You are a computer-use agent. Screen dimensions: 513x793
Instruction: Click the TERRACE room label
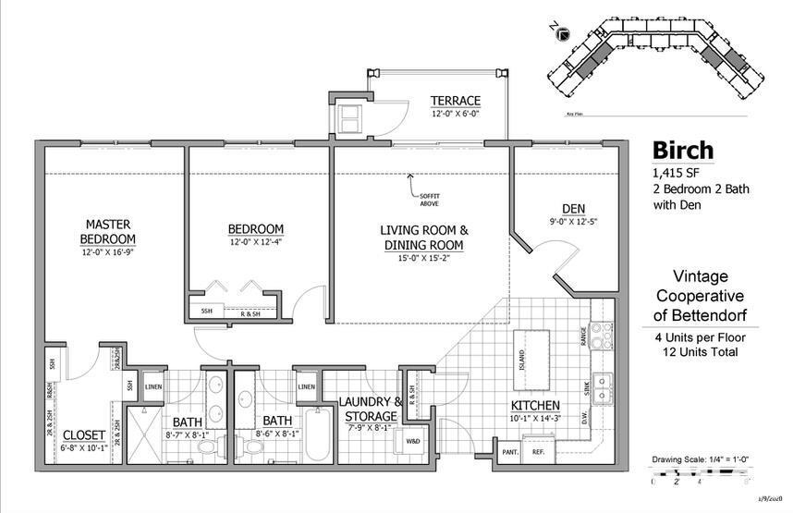point(455,101)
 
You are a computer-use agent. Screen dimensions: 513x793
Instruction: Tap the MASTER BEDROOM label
point(107,231)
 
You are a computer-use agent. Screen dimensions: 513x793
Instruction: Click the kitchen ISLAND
point(524,352)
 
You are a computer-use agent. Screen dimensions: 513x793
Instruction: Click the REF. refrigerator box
point(538,452)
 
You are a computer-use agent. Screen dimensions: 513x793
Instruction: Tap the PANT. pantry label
point(509,452)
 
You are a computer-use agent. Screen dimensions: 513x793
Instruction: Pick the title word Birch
point(684,150)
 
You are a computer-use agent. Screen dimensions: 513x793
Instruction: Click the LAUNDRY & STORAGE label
point(372,409)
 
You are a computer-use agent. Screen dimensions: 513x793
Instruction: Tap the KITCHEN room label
point(536,406)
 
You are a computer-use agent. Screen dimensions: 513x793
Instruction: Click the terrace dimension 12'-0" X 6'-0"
point(455,114)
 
